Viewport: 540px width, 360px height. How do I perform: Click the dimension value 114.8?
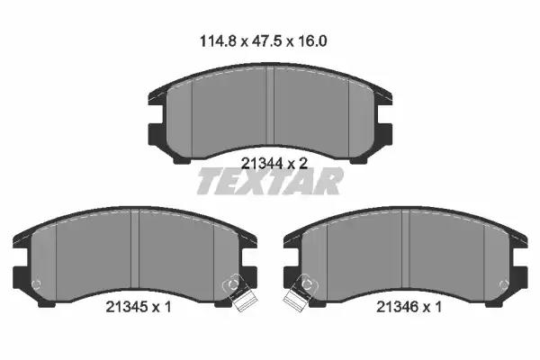(x=218, y=41)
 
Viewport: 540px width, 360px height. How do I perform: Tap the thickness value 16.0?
(x=311, y=41)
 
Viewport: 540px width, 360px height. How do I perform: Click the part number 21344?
(x=262, y=163)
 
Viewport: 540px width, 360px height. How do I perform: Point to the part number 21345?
(x=127, y=306)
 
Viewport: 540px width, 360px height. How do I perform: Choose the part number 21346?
(x=397, y=306)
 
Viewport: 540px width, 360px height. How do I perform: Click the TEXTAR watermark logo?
(x=270, y=181)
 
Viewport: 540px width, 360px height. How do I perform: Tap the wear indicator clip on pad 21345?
(x=238, y=292)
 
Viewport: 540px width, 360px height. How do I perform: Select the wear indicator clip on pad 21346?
(x=300, y=292)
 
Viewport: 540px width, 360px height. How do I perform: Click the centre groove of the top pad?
(x=270, y=106)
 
